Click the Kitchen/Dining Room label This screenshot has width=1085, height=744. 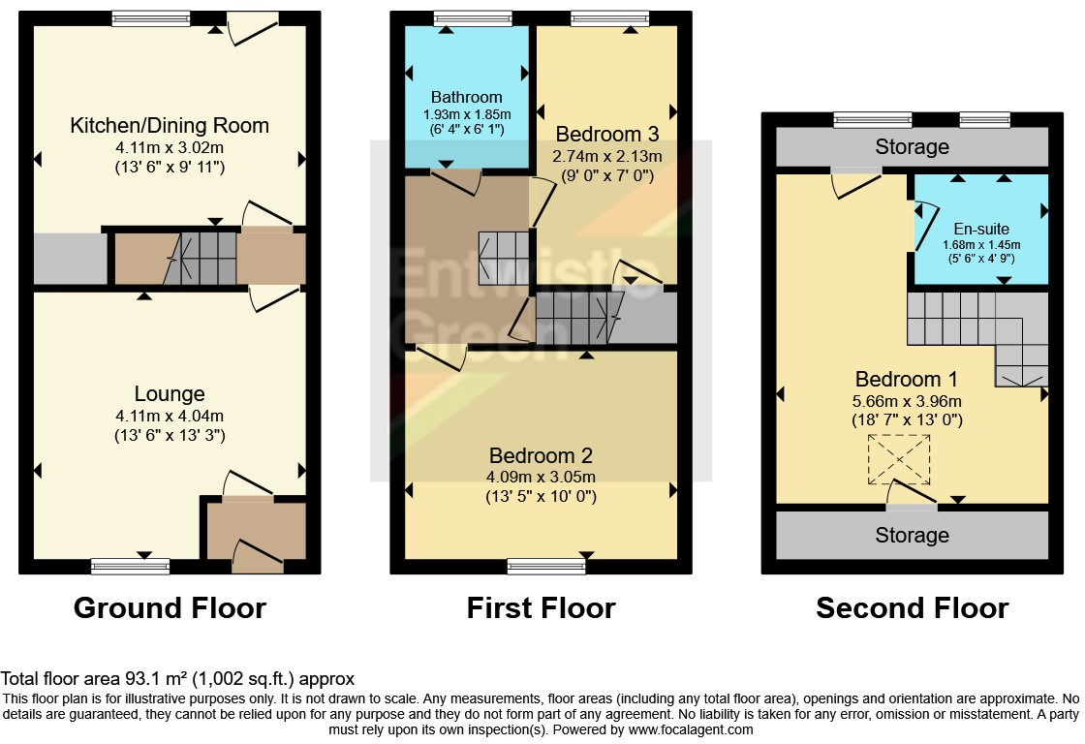tap(170, 125)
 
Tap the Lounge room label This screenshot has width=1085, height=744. tap(170, 394)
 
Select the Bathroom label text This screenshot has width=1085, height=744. tap(466, 97)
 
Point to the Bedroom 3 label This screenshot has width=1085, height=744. tap(606, 134)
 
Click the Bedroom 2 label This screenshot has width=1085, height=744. tap(541, 455)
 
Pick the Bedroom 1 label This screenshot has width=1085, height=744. tap(907, 380)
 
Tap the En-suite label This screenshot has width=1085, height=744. tap(981, 229)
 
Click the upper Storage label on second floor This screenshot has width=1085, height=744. tap(912, 146)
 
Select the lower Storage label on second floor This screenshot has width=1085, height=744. tap(912, 535)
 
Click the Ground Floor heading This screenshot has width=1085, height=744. tap(170, 608)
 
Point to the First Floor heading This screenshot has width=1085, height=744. tap(542, 608)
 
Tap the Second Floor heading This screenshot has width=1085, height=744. tap(912, 608)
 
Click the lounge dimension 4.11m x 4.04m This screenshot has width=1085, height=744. tap(170, 416)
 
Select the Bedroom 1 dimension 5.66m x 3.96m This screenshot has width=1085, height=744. tap(907, 401)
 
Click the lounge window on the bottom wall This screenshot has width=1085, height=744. tap(130, 567)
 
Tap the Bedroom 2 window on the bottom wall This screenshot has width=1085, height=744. tap(546, 567)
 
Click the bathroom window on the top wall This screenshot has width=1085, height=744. tap(474, 18)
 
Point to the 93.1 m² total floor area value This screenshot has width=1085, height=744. tap(156, 679)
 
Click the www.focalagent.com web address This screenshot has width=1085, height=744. tap(691, 729)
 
